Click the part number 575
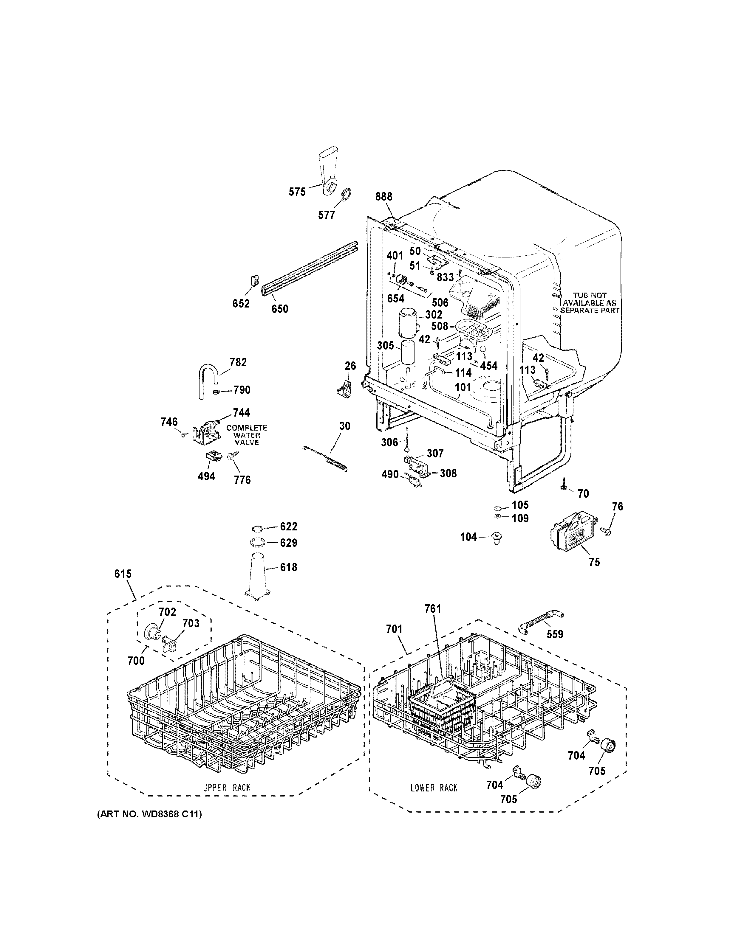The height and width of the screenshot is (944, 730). coord(297,192)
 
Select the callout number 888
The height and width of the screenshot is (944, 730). coord(383,197)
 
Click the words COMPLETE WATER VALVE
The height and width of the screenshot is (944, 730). coord(247,435)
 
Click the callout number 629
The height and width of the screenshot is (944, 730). coord(288,543)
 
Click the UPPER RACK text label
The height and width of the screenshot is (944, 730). coord(227,788)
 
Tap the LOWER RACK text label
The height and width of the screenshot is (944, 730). coord(434,788)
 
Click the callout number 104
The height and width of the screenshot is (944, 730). coord(468,537)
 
